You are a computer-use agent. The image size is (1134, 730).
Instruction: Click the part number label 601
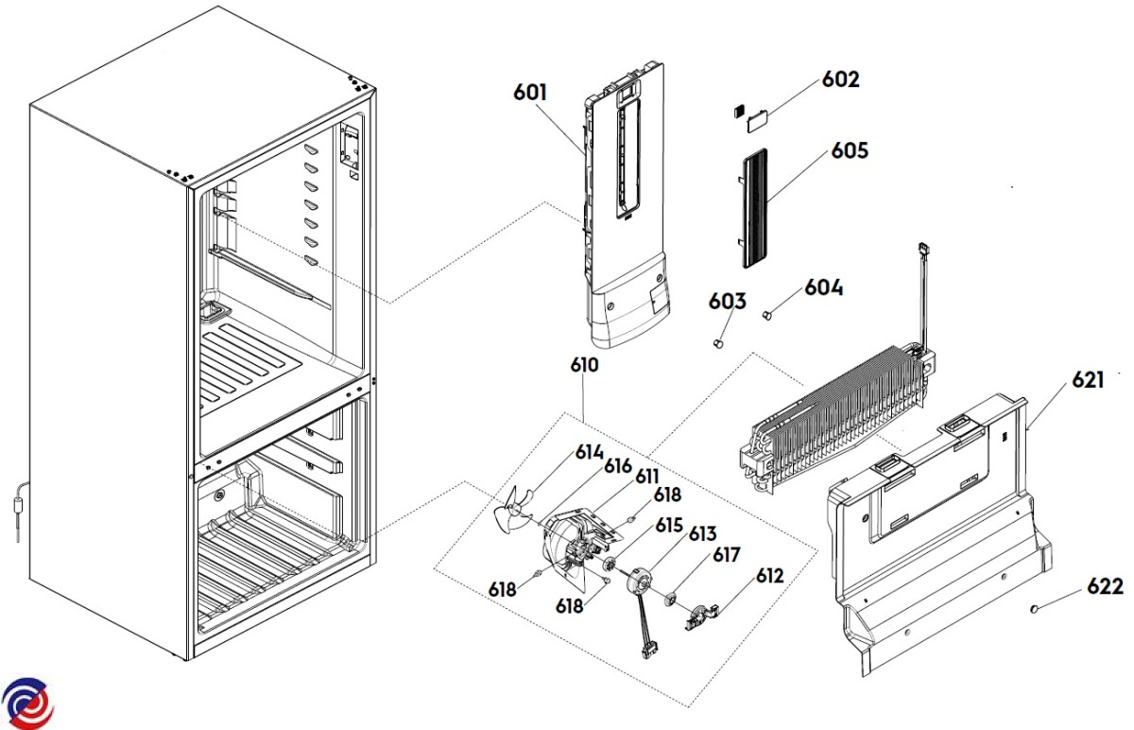[530, 93]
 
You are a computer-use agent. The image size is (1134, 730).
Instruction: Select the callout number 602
[840, 79]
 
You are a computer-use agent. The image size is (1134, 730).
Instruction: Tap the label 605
[850, 151]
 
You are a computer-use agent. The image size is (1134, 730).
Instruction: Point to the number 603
[728, 302]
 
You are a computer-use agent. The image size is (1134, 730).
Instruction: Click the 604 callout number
[823, 287]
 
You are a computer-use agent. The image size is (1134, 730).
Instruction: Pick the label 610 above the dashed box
[584, 365]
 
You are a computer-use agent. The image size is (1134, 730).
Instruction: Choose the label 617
[726, 554]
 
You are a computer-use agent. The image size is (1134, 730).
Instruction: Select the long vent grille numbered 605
[753, 203]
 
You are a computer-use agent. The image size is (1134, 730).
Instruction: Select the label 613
[700, 533]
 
